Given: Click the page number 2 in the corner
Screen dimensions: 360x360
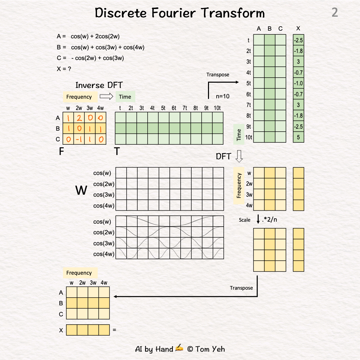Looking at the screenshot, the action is click(x=334, y=13).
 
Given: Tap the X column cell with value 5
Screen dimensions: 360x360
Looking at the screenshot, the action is click(x=298, y=137).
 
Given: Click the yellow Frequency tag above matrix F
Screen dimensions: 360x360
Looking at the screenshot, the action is click(x=79, y=97).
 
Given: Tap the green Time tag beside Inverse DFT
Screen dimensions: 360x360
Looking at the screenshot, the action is click(x=125, y=97).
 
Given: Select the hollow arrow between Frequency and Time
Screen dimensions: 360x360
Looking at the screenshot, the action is click(x=107, y=97).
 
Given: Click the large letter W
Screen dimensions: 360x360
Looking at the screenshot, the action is click(x=81, y=191).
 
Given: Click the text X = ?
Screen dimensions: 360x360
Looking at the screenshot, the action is click(x=64, y=69).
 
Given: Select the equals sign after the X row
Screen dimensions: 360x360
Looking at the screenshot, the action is click(x=114, y=330).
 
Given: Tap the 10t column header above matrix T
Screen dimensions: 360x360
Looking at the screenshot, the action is click(x=217, y=108).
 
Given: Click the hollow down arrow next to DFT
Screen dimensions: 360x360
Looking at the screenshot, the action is click(x=239, y=156).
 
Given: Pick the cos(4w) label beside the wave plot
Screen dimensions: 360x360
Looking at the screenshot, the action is click(x=104, y=254).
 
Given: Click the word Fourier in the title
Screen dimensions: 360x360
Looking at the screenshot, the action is click(x=179, y=13).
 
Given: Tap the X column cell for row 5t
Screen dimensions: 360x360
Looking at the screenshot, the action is click(x=298, y=83).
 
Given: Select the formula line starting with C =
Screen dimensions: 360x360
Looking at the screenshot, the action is click(x=90, y=58).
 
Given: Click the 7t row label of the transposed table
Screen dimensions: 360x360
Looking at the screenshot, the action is click(x=249, y=105).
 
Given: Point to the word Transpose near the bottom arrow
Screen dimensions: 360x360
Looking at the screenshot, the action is click(x=241, y=288).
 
